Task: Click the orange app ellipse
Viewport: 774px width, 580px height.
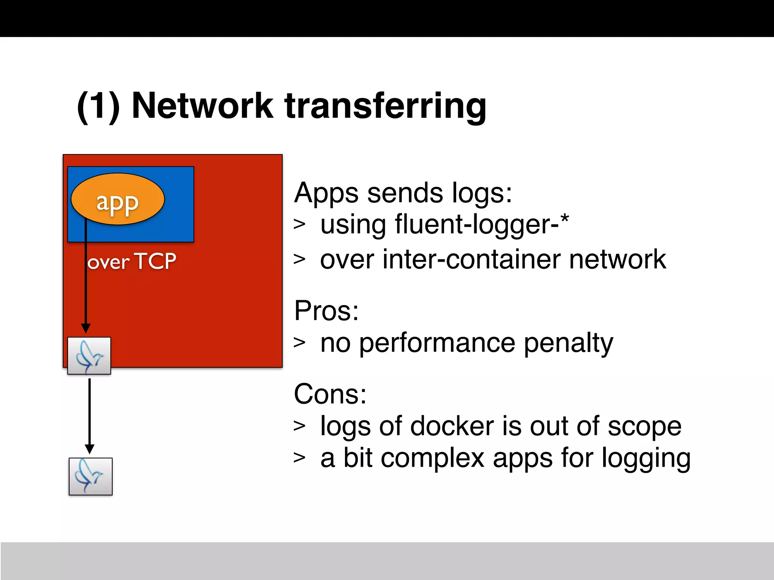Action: point(118,199)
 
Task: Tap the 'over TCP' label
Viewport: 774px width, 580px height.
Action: point(132,261)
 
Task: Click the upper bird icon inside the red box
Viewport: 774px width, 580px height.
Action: point(89,356)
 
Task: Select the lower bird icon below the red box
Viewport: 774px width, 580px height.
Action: point(91,476)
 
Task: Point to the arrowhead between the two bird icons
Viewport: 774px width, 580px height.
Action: point(90,449)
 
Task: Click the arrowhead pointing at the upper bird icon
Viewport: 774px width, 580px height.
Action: point(86,328)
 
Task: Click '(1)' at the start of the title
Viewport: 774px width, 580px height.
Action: point(98,106)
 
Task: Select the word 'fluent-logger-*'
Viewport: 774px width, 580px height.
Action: point(482,224)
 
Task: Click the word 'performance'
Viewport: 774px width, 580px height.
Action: point(437,343)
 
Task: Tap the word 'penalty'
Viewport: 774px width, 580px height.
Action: point(568,343)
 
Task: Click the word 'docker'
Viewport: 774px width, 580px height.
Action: point(452,426)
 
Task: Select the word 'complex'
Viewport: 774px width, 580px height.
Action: point(432,458)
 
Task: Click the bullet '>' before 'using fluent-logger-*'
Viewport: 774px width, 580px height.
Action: point(299,224)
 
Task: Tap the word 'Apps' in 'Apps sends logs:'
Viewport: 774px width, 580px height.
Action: point(326,193)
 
